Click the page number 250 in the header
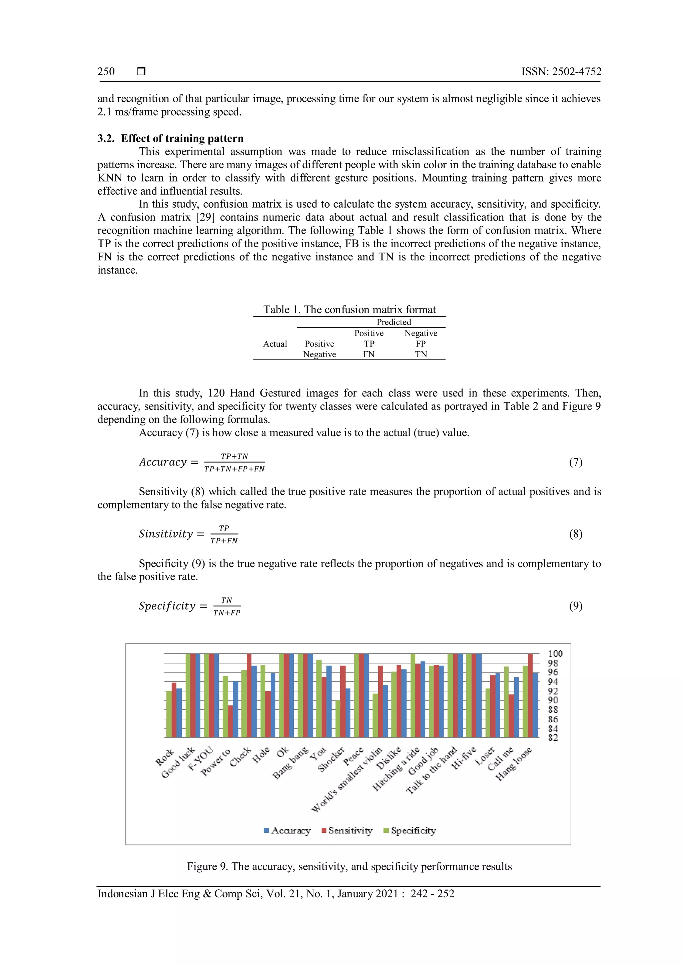(x=106, y=71)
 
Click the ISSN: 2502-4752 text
(x=561, y=71)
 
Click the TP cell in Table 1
(x=369, y=344)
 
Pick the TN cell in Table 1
(x=421, y=354)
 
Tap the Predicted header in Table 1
(x=394, y=322)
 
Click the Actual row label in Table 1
(x=275, y=344)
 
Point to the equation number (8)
(x=575, y=534)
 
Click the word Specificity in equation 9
(x=167, y=606)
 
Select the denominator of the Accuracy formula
(x=234, y=469)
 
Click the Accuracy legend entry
(x=287, y=830)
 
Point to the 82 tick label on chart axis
(x=553, y=738)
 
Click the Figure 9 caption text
(x=349, y=866)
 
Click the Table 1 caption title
(x=349, y=310)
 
